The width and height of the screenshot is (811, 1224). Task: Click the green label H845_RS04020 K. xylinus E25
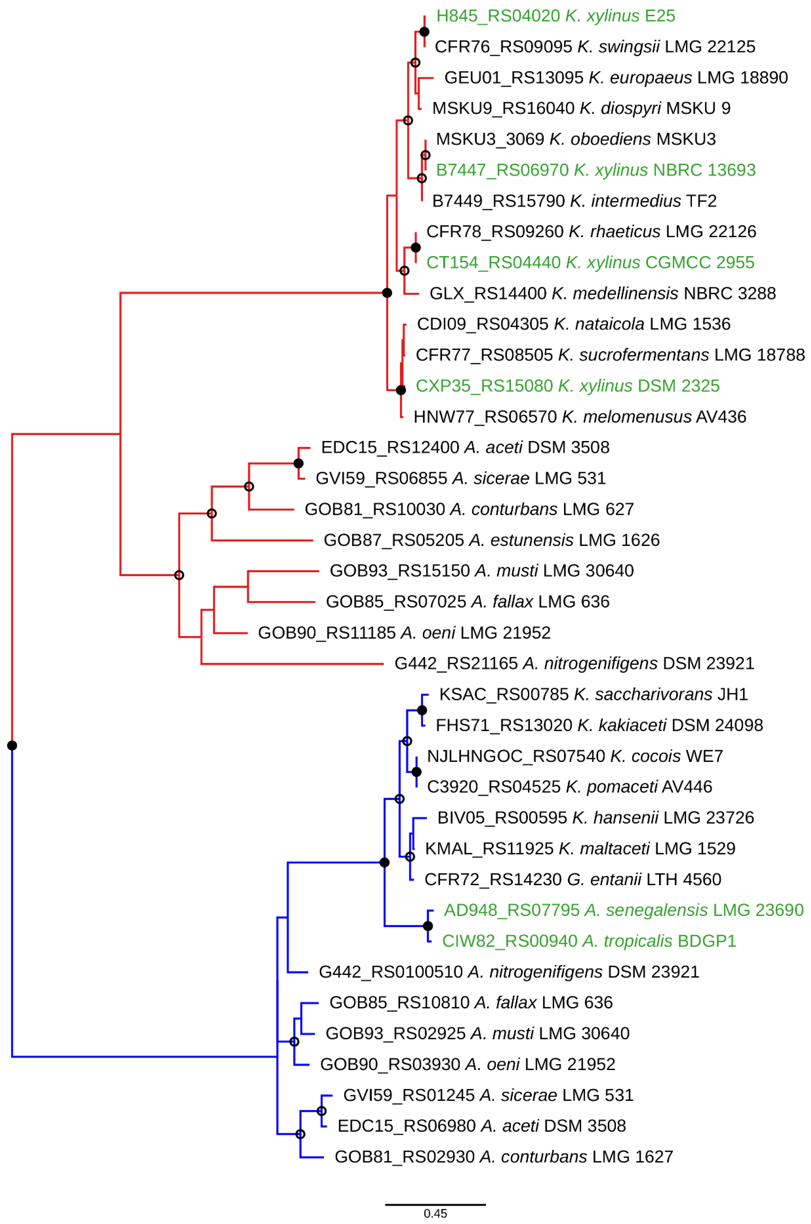555,16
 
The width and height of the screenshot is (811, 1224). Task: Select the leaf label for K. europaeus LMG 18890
615,77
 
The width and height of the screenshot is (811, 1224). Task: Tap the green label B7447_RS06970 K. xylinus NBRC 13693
595,170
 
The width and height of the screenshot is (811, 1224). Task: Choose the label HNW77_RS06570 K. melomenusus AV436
579,417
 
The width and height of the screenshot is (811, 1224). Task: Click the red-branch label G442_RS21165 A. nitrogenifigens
574,663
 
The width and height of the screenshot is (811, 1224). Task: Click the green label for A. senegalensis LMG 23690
623,910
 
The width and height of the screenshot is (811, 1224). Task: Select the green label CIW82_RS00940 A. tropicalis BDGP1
589,941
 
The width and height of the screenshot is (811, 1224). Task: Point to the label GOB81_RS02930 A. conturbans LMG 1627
504,1157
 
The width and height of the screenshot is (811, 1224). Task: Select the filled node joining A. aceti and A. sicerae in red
298,463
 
